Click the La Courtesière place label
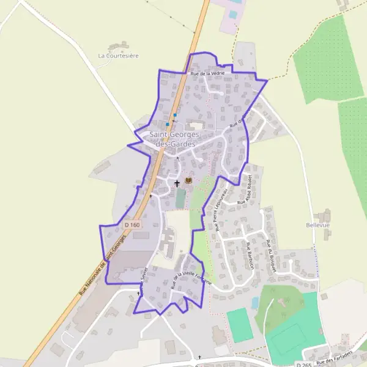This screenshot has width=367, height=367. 119,56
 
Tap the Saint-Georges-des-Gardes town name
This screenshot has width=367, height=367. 173,139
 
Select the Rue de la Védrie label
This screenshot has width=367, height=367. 207,73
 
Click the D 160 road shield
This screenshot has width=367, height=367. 132,225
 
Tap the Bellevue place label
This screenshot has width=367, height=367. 317,225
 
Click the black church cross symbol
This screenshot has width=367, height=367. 177,182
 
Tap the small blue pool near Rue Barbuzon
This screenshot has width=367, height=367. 254,303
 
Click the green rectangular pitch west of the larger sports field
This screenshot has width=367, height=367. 239,325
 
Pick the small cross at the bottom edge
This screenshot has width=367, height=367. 199,357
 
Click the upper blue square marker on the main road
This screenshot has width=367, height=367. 175,115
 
